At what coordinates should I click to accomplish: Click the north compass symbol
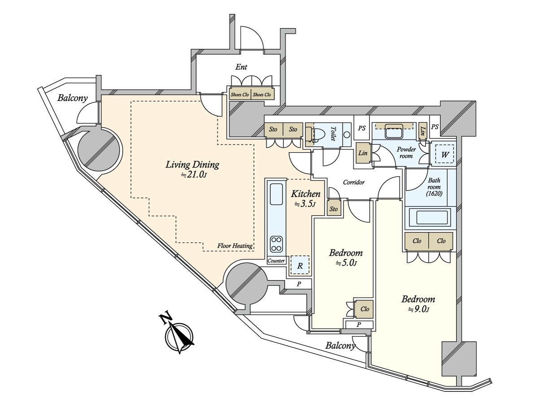pyautogui.click(x=179, y=336)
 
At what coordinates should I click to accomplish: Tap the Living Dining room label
pyautogui.click(x=192, y=169)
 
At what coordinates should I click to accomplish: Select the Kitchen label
pyautogui.click(x=305, y=198)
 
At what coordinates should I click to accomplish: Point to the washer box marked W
pyautogui.click(x=445, y=154)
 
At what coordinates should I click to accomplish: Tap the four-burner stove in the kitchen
pyautogui.click(x=276, y=244)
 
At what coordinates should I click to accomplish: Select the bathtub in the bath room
pyautogui.click(x=431, y=218)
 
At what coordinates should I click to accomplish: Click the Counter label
pyautogui.click(x=276, y=261)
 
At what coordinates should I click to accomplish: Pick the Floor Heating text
pyautogui.click(x=235, y=246)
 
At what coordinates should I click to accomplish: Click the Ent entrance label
pyautogui.click(x=241, y=67)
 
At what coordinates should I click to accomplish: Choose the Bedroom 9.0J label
pyautogui.click(x=418, y=303)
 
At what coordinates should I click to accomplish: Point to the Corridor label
pyautogui.click(x=354, y=183)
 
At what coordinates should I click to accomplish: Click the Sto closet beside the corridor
pyautogui.click(x=334, y=209)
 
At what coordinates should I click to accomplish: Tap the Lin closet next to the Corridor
pyautogui.click(x=363, y=153)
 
